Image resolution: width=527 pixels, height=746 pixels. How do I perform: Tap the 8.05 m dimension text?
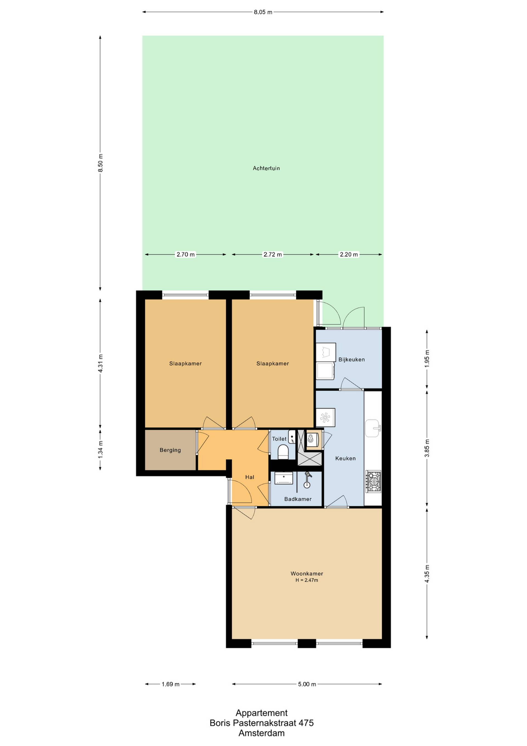[263, 12]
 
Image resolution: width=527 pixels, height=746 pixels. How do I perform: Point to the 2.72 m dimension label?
[273, 255]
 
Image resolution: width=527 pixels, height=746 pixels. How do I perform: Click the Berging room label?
[170, 450]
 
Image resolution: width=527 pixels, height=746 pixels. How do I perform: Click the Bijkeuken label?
[351, 360]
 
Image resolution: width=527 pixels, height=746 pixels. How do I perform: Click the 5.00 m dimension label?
[307, 684]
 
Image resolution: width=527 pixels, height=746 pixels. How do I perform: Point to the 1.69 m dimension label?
[171, 684]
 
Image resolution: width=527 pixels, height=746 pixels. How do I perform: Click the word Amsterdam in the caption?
[262, 733]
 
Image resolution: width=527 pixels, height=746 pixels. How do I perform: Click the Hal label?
[250, 477]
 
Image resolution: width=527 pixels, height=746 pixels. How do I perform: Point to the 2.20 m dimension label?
[349, 255]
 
